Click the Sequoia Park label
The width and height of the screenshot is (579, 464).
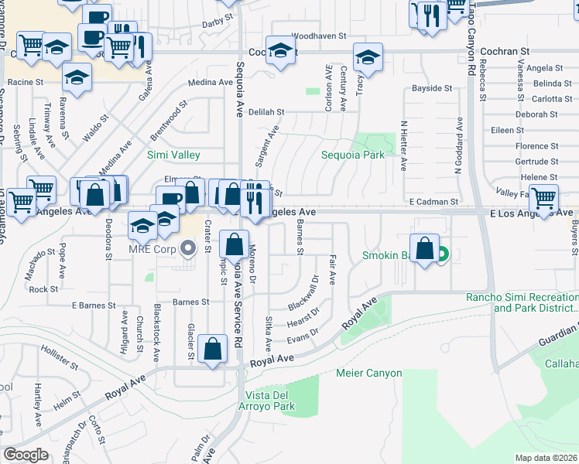[353, 155]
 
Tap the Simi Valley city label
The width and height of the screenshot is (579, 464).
[173, 155]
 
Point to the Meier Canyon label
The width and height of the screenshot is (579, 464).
[369, 374]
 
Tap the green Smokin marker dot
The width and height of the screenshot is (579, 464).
[442, 254]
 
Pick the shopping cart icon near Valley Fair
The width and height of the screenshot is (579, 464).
[544, 198]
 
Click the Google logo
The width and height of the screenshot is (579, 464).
[26, 455]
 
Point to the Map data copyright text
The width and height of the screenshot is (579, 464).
[546, 458]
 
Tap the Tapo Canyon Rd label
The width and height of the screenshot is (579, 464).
[471, 46]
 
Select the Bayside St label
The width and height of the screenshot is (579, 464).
[432, 89]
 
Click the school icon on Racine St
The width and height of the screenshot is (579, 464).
[77, 77]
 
